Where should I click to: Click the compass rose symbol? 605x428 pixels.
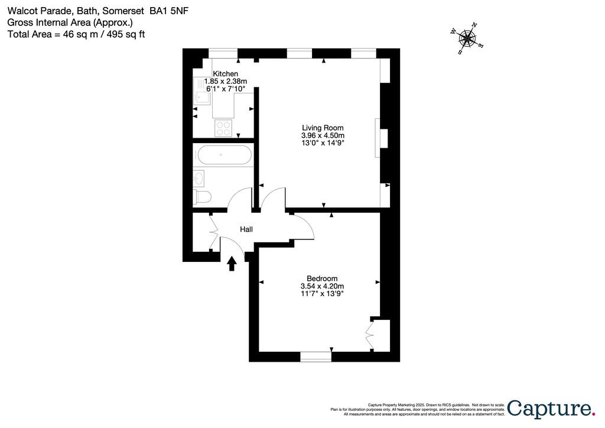tap(467, 39)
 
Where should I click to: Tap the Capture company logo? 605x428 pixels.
tap(551, 407)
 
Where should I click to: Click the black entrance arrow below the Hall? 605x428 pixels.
tap(232, 263)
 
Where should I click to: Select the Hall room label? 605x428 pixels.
tap(246, 229)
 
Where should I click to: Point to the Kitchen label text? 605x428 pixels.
tap(226, 74)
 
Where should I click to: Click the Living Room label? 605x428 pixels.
tap(323, 128)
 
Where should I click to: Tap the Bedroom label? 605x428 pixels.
tap(322, 279)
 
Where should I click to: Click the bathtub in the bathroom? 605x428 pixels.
tap(224, 156)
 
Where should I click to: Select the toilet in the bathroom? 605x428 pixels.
tap(202, 197)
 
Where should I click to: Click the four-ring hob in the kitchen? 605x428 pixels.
tap(223, 128)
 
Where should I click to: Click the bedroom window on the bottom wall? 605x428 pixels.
tap(315, 356)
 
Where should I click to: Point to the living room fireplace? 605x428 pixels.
tap(382, 138)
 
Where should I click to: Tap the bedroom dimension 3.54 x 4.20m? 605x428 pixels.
tap(322, 286)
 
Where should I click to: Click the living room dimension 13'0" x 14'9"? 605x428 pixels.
tap(323, 142)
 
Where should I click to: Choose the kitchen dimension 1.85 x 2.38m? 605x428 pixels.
tap(225, 81)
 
